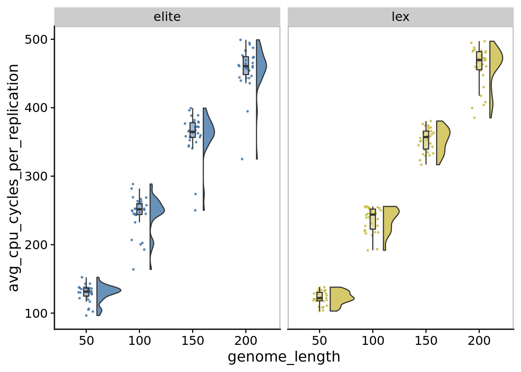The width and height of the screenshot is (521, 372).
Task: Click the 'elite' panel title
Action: click(167, 17)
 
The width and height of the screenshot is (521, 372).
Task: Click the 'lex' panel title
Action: click(400, 17)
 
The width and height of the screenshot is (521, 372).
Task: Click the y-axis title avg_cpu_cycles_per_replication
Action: click(14, 177)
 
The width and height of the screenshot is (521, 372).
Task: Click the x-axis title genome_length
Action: click(284, 357)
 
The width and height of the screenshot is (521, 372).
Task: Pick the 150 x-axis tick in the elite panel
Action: click(193, 341)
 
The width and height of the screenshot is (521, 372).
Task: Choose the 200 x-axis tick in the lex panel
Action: click(479, 341)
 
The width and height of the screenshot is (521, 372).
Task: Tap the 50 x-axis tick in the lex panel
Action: click(319, 341)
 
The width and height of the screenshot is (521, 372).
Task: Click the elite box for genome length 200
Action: click(246, 65)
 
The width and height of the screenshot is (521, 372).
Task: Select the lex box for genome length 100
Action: click(373, 219)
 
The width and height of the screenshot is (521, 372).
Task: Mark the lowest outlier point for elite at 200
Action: click(242, 159)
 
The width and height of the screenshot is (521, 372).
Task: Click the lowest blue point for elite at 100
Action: click(133, 269)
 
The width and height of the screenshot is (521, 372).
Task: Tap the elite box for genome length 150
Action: click(193, 130)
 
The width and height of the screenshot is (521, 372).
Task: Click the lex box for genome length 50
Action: click(319, 296)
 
